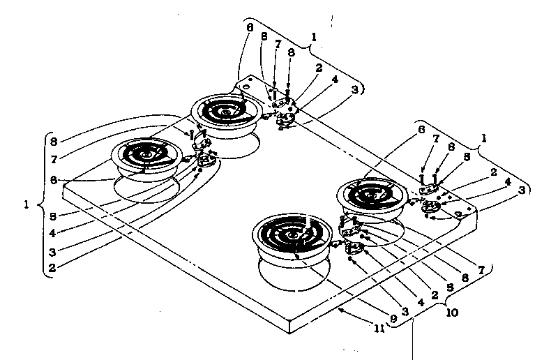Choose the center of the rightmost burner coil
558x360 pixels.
pos(370,193)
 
